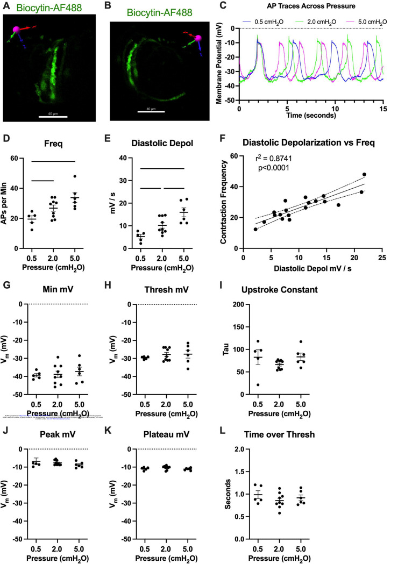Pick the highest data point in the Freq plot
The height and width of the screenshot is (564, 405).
tap(76, 177)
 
